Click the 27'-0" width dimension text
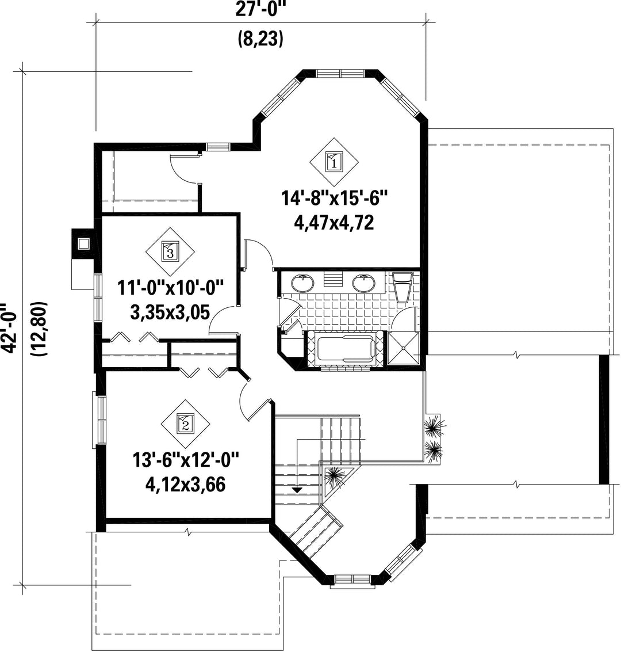click(x=261, y=9)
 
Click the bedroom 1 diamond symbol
click(x=335, y=162)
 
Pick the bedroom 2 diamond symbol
click(x=185, y=425)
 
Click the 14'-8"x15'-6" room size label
click(x=335, y=198)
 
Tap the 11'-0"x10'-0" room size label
click(x=170, y=288)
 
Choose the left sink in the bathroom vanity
click(x=302, y=283)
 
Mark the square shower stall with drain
click(x=403, y=348)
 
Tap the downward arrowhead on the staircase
click(x=297, y=490)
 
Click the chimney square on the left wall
click(x=83, y=243)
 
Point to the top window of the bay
click(x=340, y=74)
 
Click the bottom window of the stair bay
click(x=352, y=579)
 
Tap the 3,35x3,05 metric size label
click(x=170, y=312)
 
